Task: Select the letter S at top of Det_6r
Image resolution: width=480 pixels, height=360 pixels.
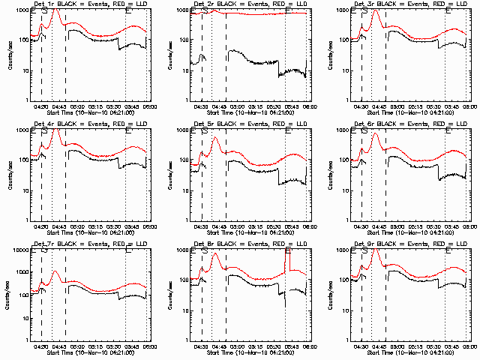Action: point(364,132)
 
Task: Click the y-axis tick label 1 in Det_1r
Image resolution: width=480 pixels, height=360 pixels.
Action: point(24,100)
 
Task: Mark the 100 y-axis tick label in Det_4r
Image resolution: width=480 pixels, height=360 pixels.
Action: point(21,160)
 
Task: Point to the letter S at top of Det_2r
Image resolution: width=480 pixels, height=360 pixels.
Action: point(204,12)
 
